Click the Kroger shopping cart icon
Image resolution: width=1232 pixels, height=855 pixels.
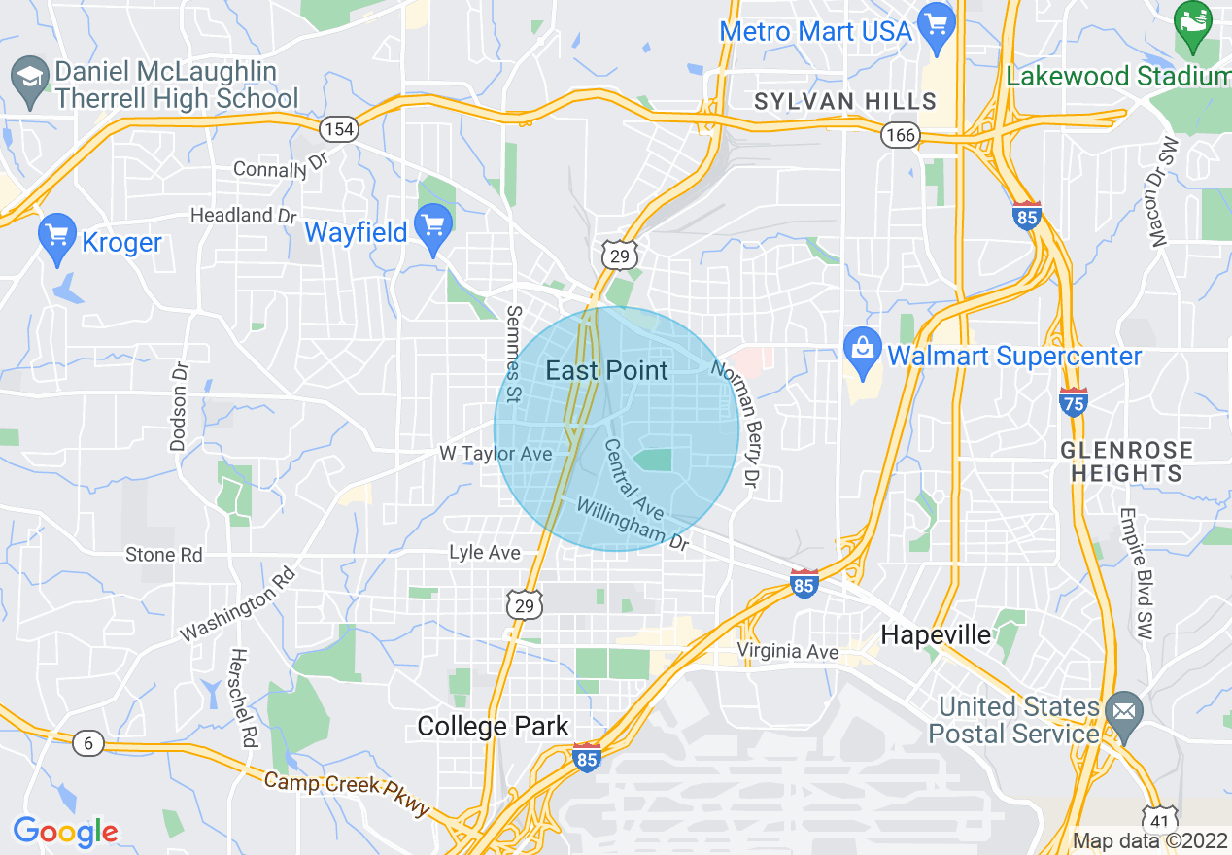(x=58, y=238)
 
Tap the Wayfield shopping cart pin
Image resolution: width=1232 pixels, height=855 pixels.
(x=432, y=229)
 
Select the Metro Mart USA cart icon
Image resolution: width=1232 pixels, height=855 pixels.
(x=937, y=27)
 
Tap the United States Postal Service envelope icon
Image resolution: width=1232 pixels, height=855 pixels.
(x=1124, y=714)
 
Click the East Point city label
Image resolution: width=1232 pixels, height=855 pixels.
(x=607, y=370)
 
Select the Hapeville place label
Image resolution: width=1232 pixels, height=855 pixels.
(x=936, y=635)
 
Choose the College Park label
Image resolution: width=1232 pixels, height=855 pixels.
(x=493, y=726)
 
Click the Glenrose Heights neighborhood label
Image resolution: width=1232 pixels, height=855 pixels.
(x=1127, y=462)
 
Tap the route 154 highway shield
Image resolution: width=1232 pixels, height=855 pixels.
(x=340, y=128)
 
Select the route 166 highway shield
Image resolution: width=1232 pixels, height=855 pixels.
(x=900, y=135)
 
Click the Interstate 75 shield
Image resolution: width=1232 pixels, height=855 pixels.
(x=1074, y=401)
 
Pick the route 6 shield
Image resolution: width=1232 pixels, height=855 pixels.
(x=87, y=744)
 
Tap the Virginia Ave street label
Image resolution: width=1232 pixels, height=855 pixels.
(x=787, y=651)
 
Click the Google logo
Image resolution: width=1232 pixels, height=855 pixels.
(x=65, y=832)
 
